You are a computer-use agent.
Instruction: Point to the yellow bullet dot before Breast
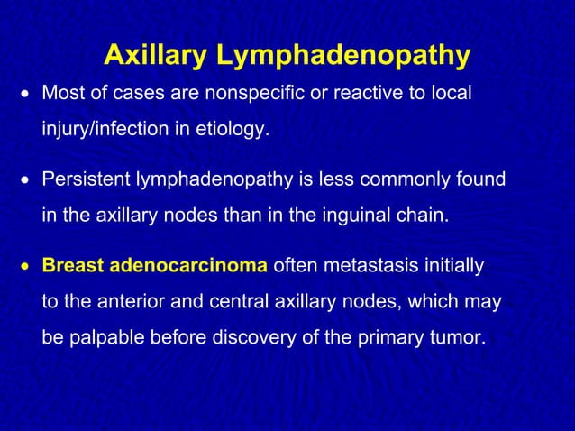[26, 267]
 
